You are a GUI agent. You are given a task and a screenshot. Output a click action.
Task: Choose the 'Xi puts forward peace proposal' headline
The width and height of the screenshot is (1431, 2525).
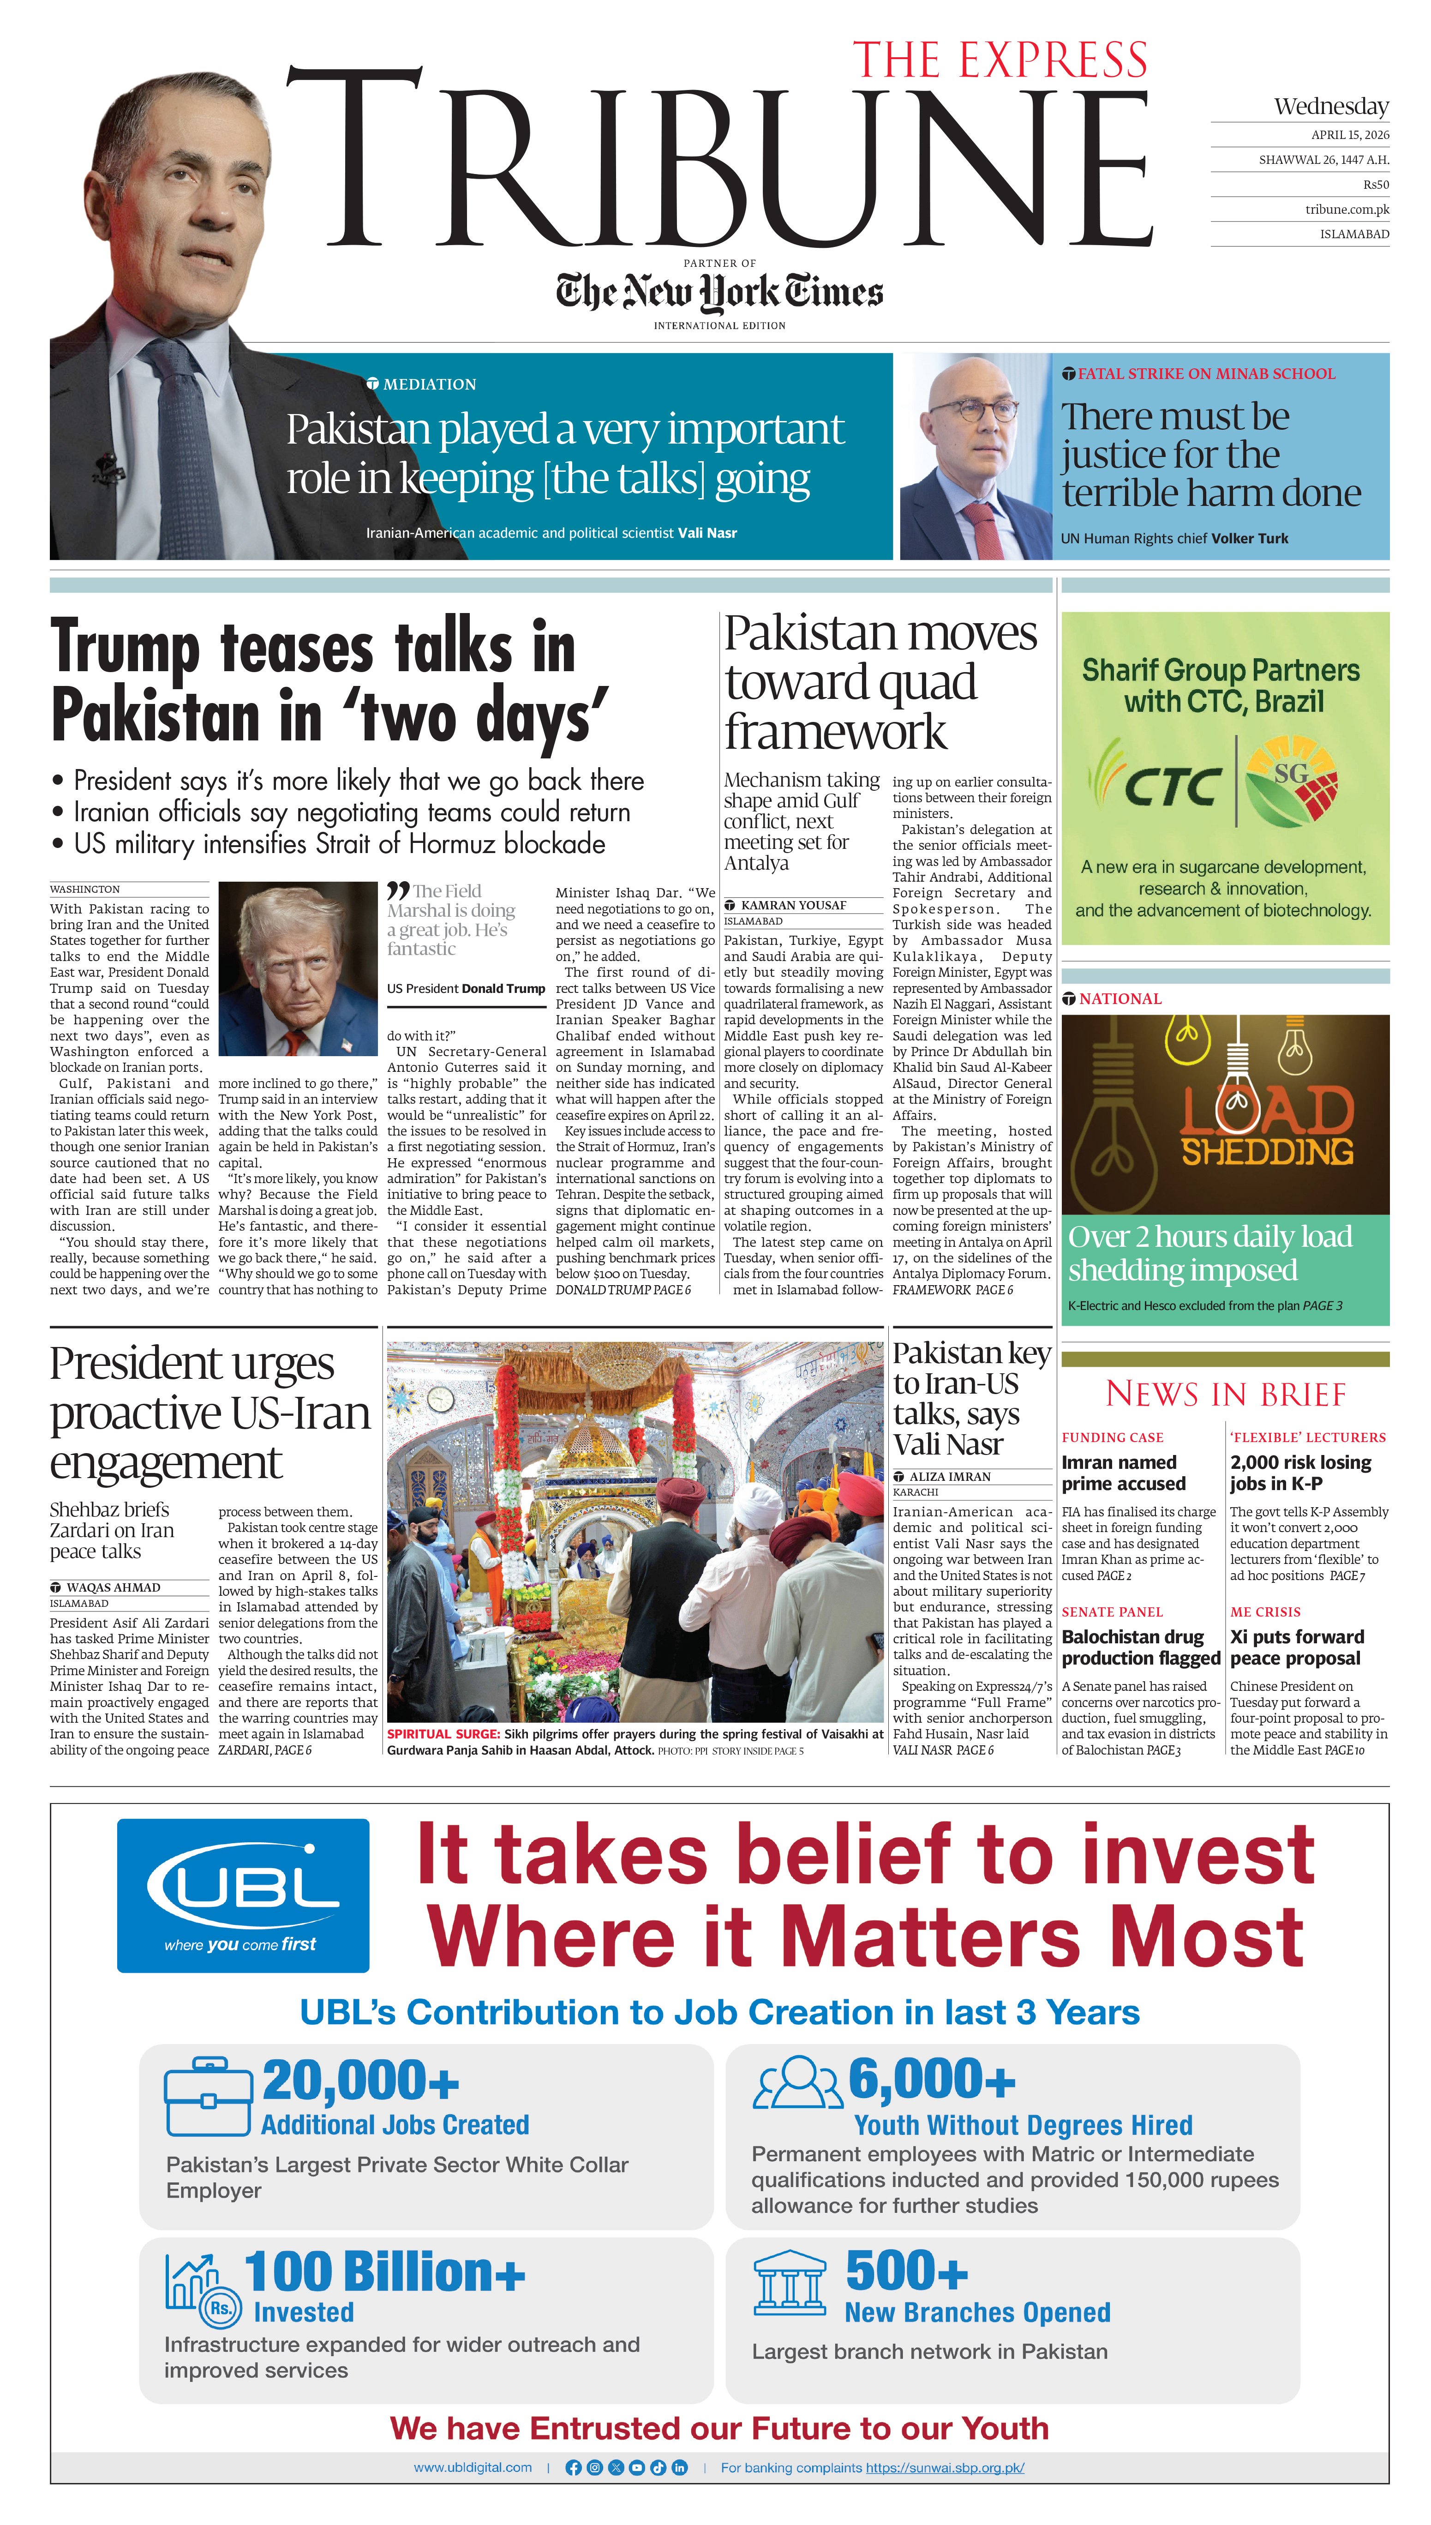point(1296,1647)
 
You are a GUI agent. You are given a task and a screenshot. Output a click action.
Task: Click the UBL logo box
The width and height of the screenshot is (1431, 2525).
point(243,1895)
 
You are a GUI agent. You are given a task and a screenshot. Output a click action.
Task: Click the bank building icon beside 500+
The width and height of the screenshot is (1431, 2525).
point(789,2282)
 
